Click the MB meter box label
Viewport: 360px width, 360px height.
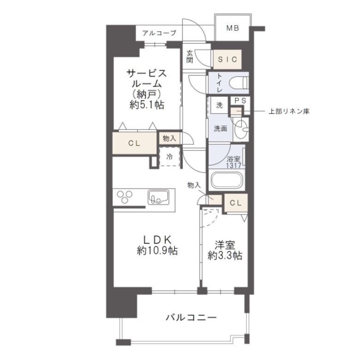[233, 28]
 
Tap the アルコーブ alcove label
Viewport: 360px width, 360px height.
[159, 33]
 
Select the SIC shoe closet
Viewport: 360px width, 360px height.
[227, 60]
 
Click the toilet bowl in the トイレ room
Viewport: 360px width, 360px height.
[239, 83]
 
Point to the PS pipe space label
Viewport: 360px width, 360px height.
[240, 101]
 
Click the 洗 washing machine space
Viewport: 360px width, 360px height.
[220, 105]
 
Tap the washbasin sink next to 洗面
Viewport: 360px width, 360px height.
[240, 129]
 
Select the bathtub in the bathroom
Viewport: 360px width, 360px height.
[227, 180]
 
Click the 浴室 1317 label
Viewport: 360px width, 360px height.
[234, 162]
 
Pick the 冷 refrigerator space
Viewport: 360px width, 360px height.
[169, 156]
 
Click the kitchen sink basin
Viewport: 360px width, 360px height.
[158, 197]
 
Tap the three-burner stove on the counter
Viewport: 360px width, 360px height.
[125, 197]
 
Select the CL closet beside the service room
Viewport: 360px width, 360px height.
[134, 143]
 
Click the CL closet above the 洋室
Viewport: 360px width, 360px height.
[236, 203]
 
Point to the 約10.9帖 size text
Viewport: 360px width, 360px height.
[157, 251]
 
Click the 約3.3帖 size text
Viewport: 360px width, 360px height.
[225, 256]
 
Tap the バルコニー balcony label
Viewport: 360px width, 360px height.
[191, 318]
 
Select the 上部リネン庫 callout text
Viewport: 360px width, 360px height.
[289, 112]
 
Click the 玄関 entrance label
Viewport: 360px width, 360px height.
[190, 56]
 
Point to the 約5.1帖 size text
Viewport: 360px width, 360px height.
[147, 105]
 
